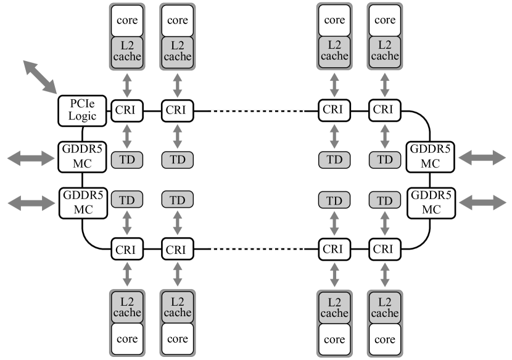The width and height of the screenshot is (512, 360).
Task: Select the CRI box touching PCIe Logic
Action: click(x=127, y=111)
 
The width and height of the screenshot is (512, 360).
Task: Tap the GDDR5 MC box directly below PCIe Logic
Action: click(x=82, y=157)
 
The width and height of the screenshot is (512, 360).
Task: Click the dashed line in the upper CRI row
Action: click(x=255, y=111)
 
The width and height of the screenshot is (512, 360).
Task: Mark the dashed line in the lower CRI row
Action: click(x=255, y=249)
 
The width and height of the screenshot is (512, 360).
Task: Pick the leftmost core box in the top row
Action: click(x=127, y=20)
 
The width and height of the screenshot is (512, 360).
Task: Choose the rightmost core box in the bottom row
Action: click(x=385, y=339)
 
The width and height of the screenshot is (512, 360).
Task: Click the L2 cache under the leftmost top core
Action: click(x=127, y=51)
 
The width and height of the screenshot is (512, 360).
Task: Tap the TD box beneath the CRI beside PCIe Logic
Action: click(x=127, y=160)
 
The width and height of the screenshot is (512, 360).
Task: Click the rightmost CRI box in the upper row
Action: click(x=385, y=111)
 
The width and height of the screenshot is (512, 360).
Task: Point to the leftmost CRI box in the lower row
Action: click(x=127, y=249)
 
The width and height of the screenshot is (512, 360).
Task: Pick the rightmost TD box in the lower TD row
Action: click(x=385, y=200)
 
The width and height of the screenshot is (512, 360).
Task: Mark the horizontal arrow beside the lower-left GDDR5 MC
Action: click(x=30, y=202)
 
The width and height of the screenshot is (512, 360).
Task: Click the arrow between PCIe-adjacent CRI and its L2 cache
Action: click(x=127, y=84)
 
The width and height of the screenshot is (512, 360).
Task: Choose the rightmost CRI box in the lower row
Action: click(x=385, y=249)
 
